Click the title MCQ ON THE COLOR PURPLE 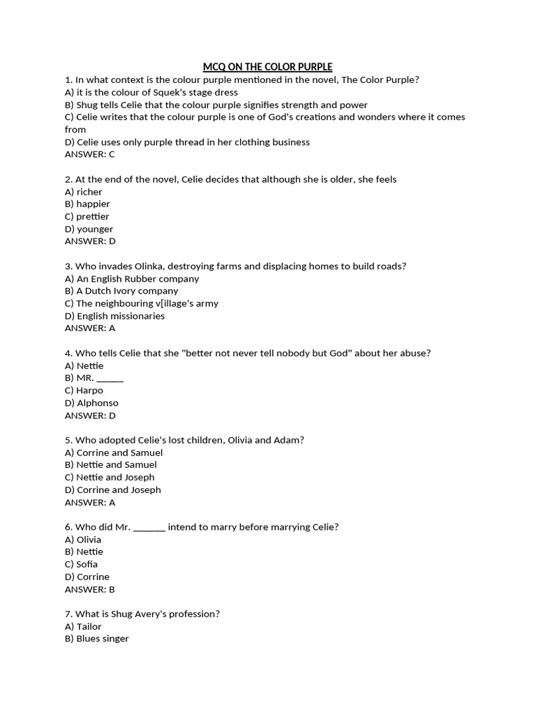pyautogui.click(x=267, y=67)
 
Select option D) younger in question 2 pyautogui.click(x=89, y=229)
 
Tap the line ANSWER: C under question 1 pyautogui.click(x=89, y=154)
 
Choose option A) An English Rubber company pyautogui.click(x=132, y=278)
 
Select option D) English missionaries pyautogui.click(x=114, y=316)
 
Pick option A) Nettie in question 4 pyautogui.click(x=84, y=365)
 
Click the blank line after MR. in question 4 pyautogui.click(x=110, y=379)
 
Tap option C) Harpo pyautogui.click(x=84, y=390)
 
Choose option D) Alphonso pyautogui.click(x=91, y=403)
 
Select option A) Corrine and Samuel pyautogui.click(x=114, y=453)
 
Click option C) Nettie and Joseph pyautogui.click(x=110, y=477)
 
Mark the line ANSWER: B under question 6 pyautogui.click(x=89, y=589)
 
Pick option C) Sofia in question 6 pyautogui.click(x=81, y=564)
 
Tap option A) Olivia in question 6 pyautogui.click(x=83, y=539)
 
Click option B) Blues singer pyautogui.click(x=97, y=639)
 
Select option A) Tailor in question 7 pyautogui.click(x=83, y=626)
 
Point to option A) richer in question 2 pyautogui.click(x=84, y=192)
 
